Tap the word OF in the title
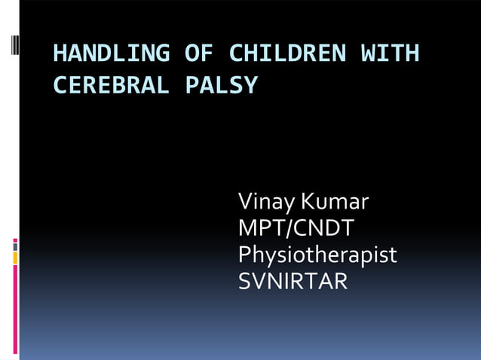pos(199,53)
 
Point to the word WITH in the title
pos(390,53)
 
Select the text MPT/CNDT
pos(296,228)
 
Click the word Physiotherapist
pos(317,255)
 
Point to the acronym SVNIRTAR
pos(293,282)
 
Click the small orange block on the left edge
pos(15,258)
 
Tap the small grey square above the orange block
pos(15,246)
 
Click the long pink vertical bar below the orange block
pos(15,309)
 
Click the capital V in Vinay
pos(246,202)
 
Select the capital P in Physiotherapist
pos(245,255)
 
